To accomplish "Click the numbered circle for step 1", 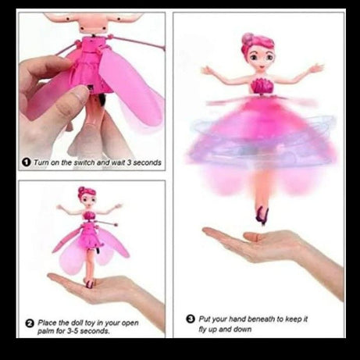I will (27, 162).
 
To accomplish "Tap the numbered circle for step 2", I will (29, 322).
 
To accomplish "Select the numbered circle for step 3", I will (191, 319).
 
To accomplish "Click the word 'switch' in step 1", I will (84, 162).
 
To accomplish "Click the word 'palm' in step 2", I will (47, 331).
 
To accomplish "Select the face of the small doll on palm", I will (86, 199).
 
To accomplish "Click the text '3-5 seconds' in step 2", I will (87, 331).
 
